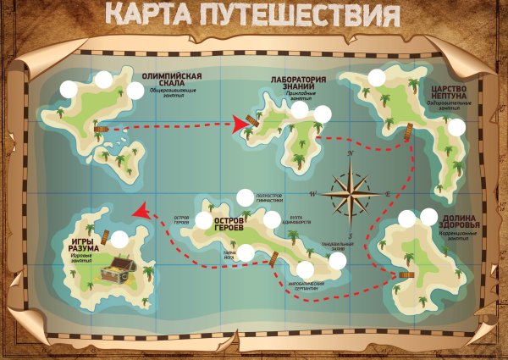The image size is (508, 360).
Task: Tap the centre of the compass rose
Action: click(349, 193)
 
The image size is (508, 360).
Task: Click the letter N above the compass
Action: click(349, 153)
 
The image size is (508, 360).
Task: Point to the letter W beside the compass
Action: click(313, 194)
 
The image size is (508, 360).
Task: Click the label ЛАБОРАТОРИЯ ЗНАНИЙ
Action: click(295, 83)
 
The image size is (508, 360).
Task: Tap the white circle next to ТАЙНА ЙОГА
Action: click(246, 252)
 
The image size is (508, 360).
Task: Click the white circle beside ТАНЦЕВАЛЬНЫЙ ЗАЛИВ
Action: click(338, 260)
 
